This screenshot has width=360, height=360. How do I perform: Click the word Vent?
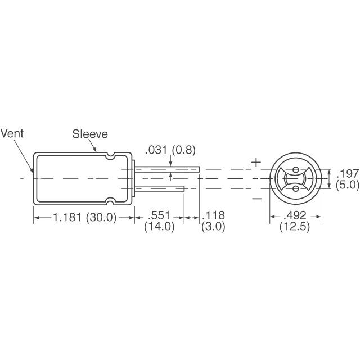coord(12,134)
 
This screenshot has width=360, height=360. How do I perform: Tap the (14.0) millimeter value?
coord(159,227)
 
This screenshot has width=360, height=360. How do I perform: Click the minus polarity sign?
coord(256,198)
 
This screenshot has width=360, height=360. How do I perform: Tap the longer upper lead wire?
coord(169,169)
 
